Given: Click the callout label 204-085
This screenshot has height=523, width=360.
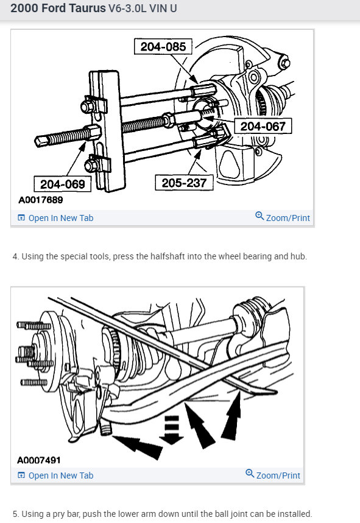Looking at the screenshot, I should click(163, 46).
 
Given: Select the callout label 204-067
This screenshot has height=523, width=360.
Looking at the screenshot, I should click(263, 126).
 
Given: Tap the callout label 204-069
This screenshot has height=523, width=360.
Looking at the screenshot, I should click(62, 183).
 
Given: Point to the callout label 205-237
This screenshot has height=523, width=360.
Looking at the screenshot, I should click(184, 182).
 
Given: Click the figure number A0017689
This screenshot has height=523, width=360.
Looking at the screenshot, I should click(41, 200).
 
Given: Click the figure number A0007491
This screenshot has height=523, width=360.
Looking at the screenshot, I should click(40, 460).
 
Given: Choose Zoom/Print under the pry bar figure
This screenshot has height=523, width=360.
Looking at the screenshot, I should click(278, 476).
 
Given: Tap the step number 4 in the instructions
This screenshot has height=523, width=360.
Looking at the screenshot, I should click(15, 256).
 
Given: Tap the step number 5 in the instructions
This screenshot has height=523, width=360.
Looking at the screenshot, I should click(15, 514).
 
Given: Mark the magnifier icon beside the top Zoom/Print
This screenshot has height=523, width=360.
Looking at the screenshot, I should click(259, 217).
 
